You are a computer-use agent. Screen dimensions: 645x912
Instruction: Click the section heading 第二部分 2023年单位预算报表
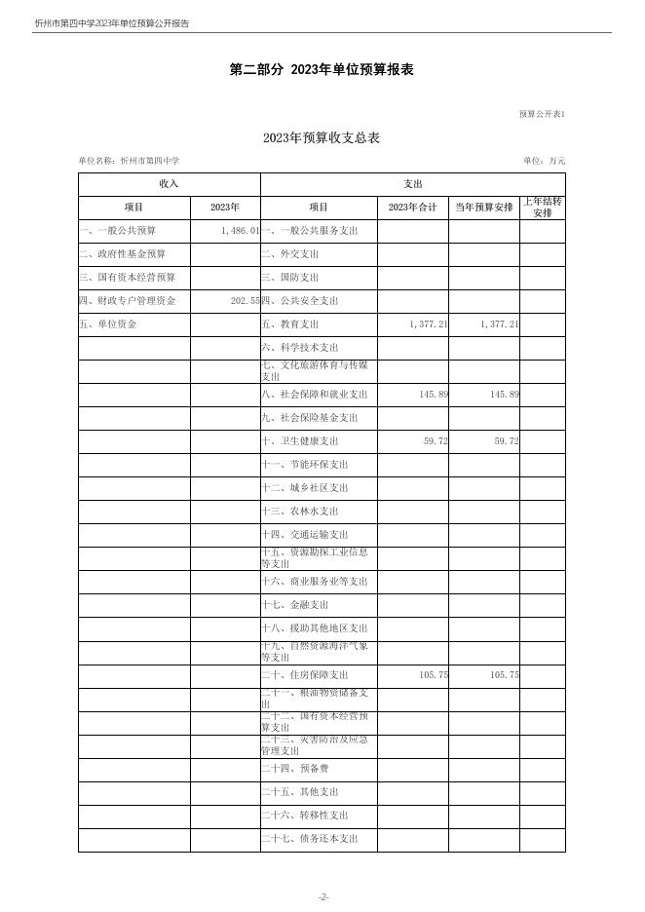322,70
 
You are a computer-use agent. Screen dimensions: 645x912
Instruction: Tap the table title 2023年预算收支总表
322,138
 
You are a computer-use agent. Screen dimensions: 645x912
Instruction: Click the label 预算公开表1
542,114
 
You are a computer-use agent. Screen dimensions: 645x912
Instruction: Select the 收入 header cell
169,184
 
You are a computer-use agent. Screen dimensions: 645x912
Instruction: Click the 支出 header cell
412,184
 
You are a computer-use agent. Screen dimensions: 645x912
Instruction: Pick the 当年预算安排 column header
483,208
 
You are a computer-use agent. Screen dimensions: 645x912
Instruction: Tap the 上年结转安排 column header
542,208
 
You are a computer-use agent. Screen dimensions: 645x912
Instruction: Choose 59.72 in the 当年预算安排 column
501,441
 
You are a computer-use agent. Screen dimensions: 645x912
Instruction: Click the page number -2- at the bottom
322,897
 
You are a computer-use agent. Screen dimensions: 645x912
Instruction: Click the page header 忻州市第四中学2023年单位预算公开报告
111,23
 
